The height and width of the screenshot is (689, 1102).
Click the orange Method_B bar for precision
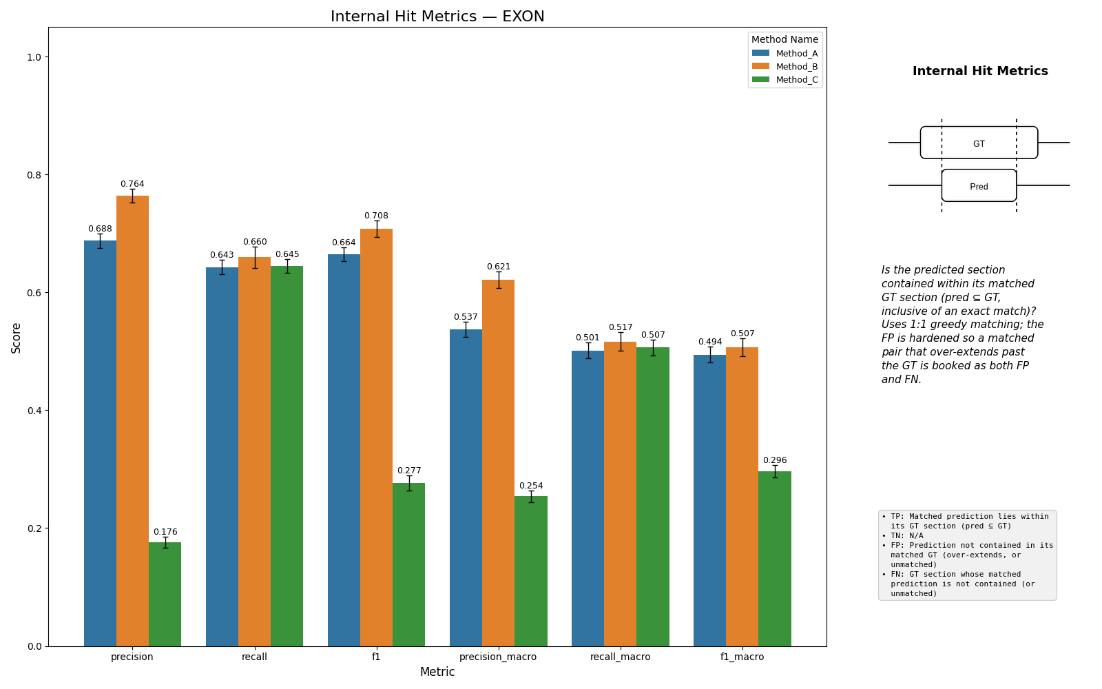[x=133, y=421]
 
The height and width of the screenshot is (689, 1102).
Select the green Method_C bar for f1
[x=409, y=565]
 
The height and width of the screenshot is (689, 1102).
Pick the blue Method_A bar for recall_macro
[x=588, y=499]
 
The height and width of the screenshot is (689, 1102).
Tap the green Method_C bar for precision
[x=165, y=595]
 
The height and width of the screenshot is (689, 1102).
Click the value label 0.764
[x=132, y=184]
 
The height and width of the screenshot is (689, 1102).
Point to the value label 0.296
[x=775, y=460]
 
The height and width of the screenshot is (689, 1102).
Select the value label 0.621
[x=499, y=267]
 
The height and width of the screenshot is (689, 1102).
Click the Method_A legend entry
[x=785, y=54]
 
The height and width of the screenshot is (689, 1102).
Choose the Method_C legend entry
[x=785, y=80]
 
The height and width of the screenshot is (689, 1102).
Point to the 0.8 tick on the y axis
[x=34, y=175]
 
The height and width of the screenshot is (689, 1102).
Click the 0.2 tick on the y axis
[x=34, y=528]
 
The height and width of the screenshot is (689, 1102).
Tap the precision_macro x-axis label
[x=498, y=657]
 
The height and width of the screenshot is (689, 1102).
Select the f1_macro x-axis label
[x=742, y=657]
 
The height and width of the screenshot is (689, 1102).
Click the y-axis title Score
[x=17, y=338]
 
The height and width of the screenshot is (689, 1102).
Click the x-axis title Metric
[x=437, y=672]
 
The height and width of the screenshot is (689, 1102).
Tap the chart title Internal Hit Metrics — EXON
[x=437, y=17]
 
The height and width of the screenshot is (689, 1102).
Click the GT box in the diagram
[x=979, y=143]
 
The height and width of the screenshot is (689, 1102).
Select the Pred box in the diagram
[x=979, y=185]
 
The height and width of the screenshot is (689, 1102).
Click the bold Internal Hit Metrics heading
[x=980, y=71]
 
